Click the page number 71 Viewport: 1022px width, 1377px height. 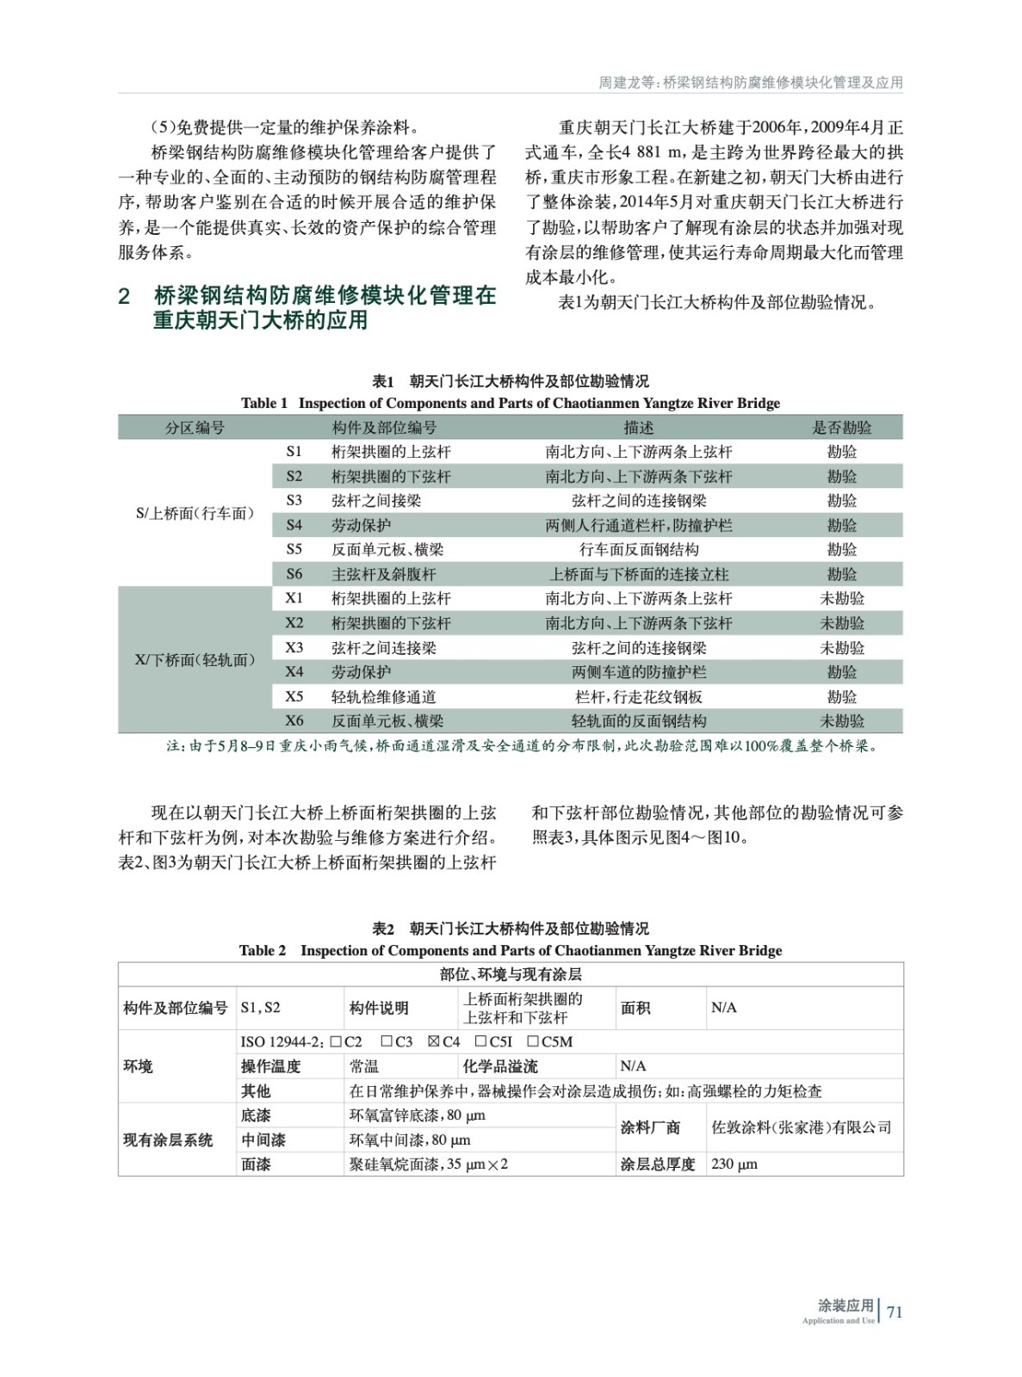click(x=895, y=1312)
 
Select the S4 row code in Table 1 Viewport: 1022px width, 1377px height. click(x=294, y=525)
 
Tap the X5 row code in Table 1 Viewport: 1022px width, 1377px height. click(x=294, y=696)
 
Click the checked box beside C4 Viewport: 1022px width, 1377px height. click(x=434, y=1041)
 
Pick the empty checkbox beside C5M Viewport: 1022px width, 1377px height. click(x=531, y=1041)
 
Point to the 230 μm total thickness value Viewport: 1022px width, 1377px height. click(x=734, y=1164)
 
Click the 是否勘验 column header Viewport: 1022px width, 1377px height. click(x=841, y=428)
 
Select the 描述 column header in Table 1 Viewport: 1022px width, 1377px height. click(x=638, y=428)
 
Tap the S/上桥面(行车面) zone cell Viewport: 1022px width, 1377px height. click(x=195, y=513)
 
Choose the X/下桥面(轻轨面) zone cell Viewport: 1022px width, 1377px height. click(x=195, y=660)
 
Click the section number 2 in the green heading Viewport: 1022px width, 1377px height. click(x=124, y=297)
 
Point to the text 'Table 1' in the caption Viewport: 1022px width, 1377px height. click(x=264, y=403)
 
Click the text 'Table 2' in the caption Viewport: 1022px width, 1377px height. click(x=263, y=950)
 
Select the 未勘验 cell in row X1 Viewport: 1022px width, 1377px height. click(x=841, y=598)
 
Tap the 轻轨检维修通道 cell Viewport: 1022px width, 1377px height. click(x=384, y=696)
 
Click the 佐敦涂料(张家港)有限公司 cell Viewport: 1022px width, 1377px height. click(x=802, y=1127)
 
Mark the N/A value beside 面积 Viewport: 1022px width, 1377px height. click(x=724, y=1008)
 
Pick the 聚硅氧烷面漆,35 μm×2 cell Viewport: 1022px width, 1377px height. click(x=429, y=1164)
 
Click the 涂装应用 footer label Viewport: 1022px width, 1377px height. click(x=845, y=1306)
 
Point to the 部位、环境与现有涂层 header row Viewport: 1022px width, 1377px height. click(x=511, y=974)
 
